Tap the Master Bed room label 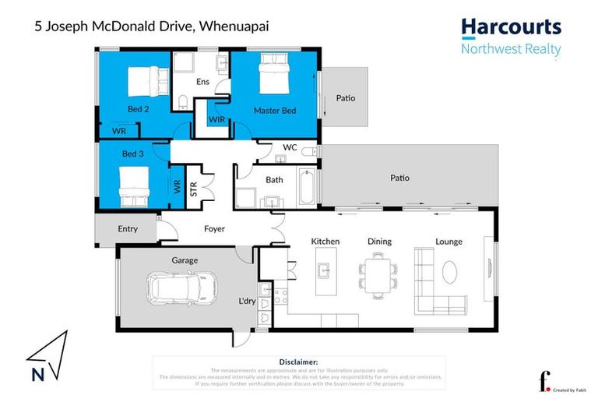pos(274,111)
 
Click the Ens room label pos(204,80)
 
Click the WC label pos(290,147)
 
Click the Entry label pos(128,229)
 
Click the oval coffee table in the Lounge pos(451,272)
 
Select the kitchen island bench pos(325,277)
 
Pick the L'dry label pos(248,300)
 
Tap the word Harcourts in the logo pos(511,27)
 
